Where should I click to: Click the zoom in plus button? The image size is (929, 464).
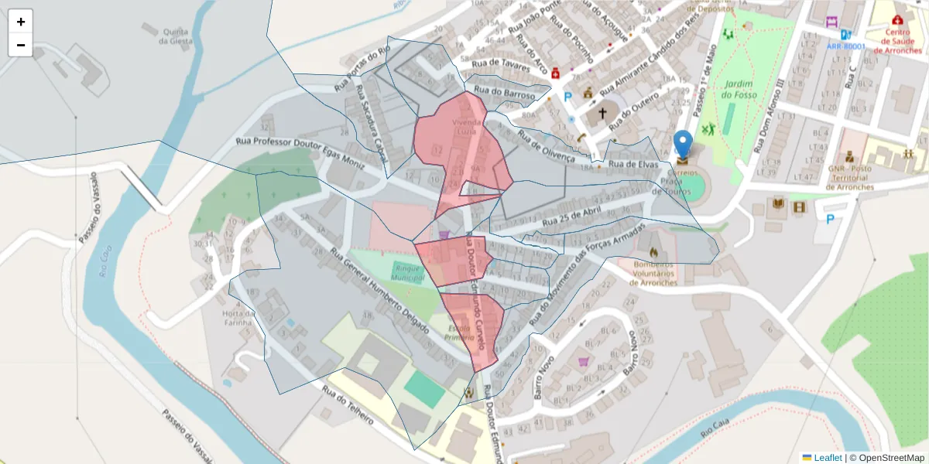coord(21,22)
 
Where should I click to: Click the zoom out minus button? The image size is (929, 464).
coord(21,45)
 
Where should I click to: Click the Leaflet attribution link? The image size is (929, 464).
coord(828,457)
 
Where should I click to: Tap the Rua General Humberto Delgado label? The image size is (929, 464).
coord(379,291)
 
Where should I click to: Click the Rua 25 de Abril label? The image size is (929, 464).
coord(572,217)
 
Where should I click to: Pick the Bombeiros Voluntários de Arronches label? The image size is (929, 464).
coord(654,272)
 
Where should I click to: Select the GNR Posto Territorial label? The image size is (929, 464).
coord(851,177)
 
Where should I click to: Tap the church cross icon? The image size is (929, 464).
coord(602,114)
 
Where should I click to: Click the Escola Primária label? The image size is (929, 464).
coord(461,333)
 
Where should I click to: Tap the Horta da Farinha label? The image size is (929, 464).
coord(238,318)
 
